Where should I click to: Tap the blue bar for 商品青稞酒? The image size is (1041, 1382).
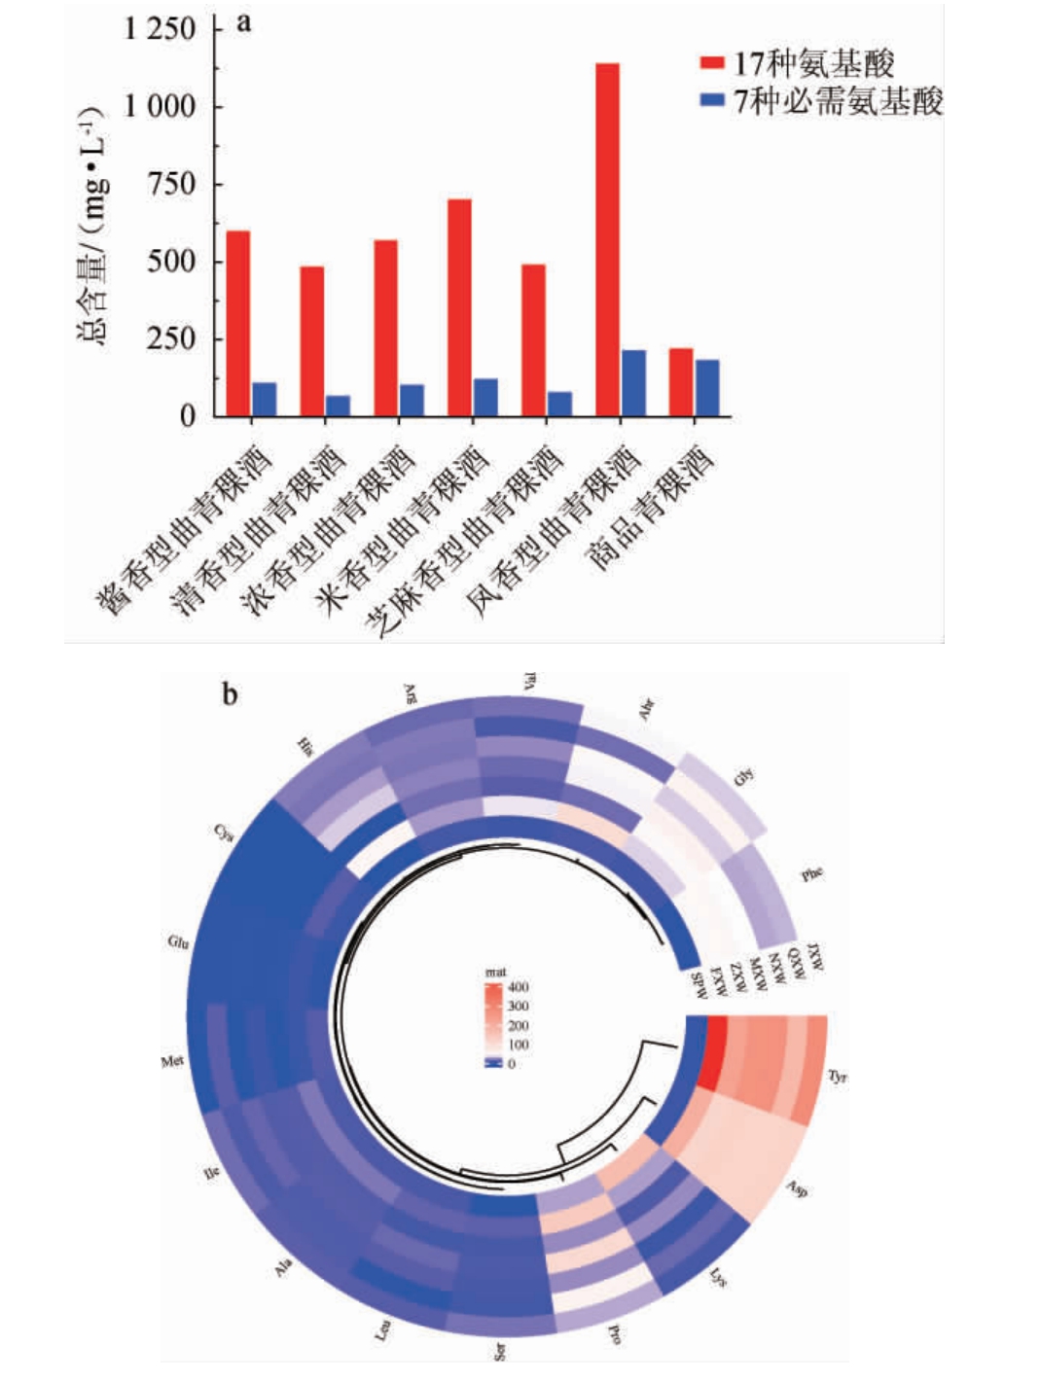pos(707,388)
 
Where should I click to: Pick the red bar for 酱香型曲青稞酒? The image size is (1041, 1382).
pos(238,323)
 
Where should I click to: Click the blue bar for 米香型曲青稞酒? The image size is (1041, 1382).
pos(485,397)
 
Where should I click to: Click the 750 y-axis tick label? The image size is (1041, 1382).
pos(171,184)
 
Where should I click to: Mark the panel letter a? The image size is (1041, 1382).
pos(244,21)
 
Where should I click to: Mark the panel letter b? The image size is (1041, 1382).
pos(230,694)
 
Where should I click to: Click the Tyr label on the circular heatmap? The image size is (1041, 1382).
pos(837,1077)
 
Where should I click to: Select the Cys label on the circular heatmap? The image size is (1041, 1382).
pos(224,832)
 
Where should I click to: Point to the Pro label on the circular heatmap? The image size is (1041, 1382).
pos(614,1333)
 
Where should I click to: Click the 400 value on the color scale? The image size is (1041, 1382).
pos(519,987)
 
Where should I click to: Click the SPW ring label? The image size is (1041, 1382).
pos(698,985)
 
